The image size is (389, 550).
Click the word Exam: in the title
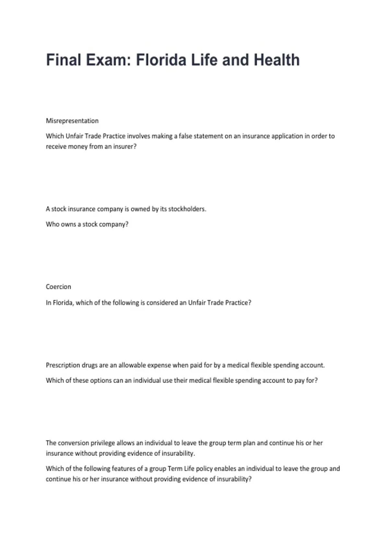click(x=108, y=60)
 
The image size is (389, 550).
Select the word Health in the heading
click(x=277, y=60)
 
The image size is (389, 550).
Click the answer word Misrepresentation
click(x=72, y=121)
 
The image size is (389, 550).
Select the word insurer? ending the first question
click(x=125, y=147)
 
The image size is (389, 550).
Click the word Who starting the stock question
click(x=52, y=224)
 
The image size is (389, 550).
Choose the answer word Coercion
click(x=58, y=287)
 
